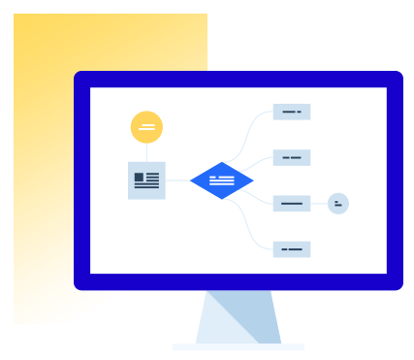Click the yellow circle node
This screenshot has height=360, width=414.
(x=146, y=127)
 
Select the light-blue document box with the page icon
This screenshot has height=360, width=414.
(x=146, y=180)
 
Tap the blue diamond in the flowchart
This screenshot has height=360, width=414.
(x=222, y=180)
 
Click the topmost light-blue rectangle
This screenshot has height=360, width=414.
(x=291, y=112)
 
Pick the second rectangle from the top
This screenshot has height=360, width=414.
(x=291, y=157)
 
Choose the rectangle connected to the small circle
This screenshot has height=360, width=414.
(x=291, y=203)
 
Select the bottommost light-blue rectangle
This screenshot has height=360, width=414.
(x=291, y=249)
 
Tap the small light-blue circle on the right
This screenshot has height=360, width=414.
(x=338, y=204)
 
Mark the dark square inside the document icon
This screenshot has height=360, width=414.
(x=139, y=178)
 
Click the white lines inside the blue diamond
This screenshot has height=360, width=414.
(x=222, y=180)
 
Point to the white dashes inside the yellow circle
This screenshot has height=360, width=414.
(x=146, y=127)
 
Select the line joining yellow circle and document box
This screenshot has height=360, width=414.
(x=146, y=152)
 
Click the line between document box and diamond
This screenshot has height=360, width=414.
(x=177, y=180)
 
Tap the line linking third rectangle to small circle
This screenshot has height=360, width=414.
(x=319, y=204)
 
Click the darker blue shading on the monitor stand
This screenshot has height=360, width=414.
(x=254, y=320)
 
